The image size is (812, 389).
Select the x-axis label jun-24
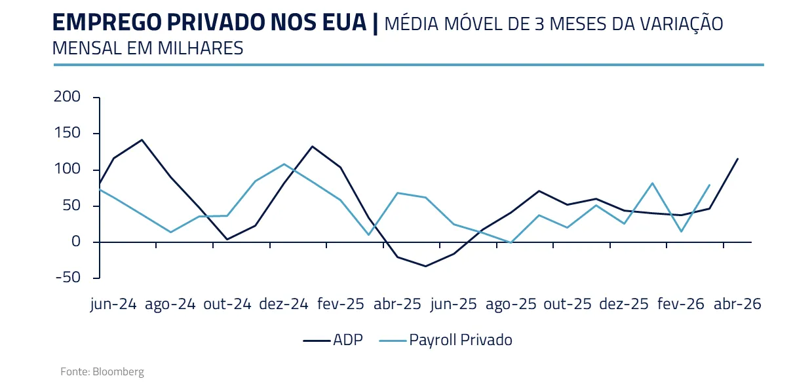pos(113,305)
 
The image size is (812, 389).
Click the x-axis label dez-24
pos(284,305)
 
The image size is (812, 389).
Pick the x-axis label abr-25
pos(397,305)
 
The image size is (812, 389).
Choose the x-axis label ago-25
pos(511,305)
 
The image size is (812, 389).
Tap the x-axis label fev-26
pos(681,305)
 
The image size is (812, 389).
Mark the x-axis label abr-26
pos(737,305)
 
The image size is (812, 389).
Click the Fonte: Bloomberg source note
pos(102,372)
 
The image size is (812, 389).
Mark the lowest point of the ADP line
pos(425,266)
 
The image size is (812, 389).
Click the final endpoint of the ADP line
pos(737,158)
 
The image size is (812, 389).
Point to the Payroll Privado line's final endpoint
pos(710,185)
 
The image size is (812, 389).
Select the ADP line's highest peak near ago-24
pos(142,139)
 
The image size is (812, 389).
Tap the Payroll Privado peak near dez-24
pos(284,164)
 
